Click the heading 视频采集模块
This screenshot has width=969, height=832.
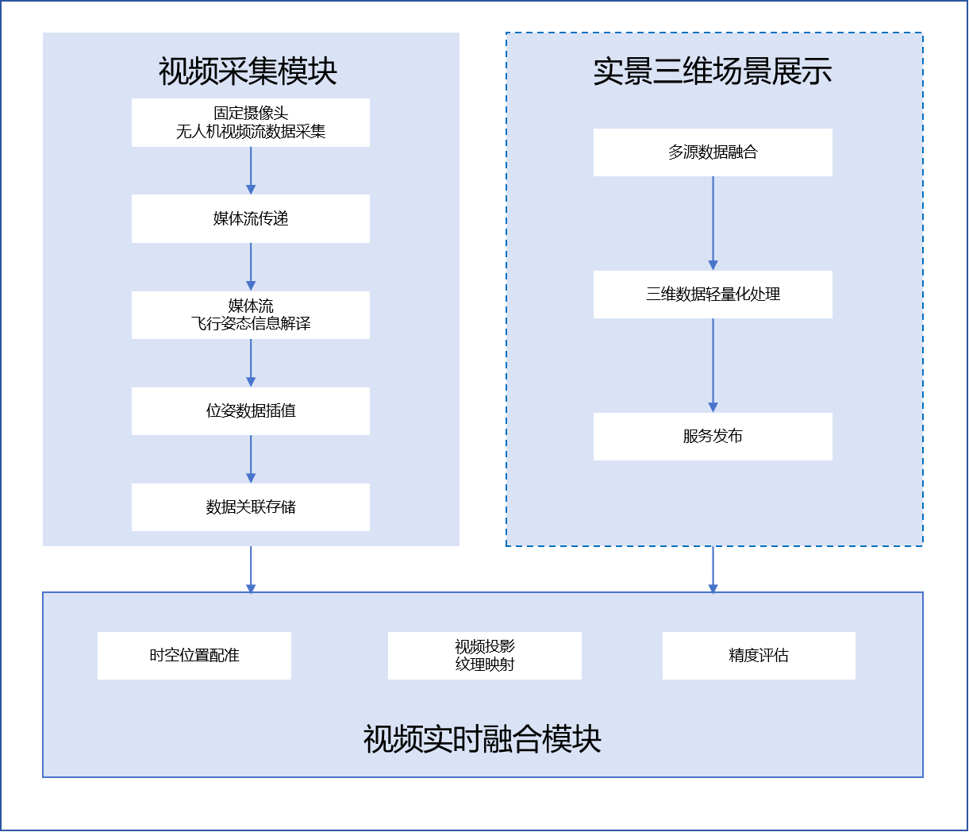248,71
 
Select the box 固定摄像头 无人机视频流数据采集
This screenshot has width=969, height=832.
251,123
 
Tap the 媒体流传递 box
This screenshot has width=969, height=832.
251,219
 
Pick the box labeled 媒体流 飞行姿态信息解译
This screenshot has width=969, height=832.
251,315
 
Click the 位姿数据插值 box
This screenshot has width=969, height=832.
251,411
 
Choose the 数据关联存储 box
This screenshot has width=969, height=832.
251,507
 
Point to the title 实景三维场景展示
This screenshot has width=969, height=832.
713,71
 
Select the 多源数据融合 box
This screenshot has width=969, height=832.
713,152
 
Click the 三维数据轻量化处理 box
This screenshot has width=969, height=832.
713,295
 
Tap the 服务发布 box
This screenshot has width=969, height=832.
713,437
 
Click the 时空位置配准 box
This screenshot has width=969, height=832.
194,656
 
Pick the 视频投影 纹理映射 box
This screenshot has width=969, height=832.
485,656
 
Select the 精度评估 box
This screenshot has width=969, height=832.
759,656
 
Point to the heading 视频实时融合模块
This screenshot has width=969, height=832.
483,739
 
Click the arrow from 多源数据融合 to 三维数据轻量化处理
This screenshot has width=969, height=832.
713,223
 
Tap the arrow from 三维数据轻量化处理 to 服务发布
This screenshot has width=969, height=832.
713,365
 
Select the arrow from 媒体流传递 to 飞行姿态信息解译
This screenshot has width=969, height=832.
251,267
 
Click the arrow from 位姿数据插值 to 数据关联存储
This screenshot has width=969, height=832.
251,459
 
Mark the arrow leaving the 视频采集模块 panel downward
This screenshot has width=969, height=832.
251,569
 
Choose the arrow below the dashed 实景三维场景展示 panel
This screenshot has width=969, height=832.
713,569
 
